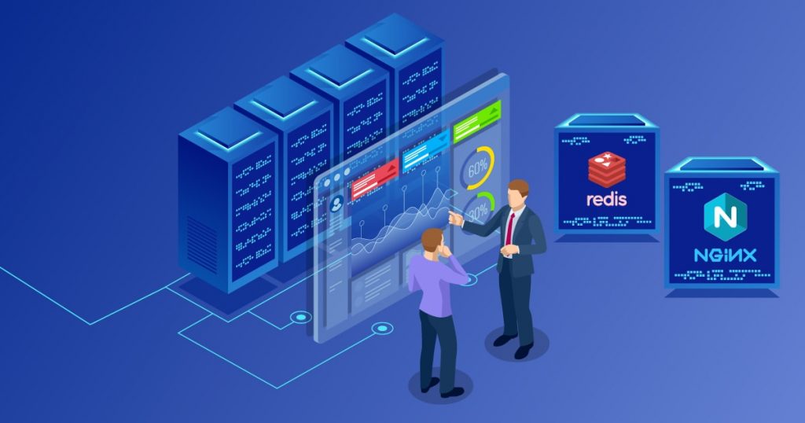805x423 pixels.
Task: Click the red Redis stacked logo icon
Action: (607, 169)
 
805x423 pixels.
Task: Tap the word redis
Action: (607, 199)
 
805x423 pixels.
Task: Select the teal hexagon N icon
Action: (726, 217)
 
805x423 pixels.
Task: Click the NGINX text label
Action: (725, 255)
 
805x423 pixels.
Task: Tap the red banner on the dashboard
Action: (375, 178)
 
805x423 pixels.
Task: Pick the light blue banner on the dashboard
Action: (425, 150)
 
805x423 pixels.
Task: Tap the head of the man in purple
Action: (433, 241)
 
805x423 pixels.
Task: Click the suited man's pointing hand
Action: (455, 218)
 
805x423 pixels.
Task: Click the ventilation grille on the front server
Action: (202, 245)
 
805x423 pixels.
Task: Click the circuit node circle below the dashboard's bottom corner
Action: (382, 328)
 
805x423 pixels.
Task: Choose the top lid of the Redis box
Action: (606, 122)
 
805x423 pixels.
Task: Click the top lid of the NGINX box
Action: (722, 165)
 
